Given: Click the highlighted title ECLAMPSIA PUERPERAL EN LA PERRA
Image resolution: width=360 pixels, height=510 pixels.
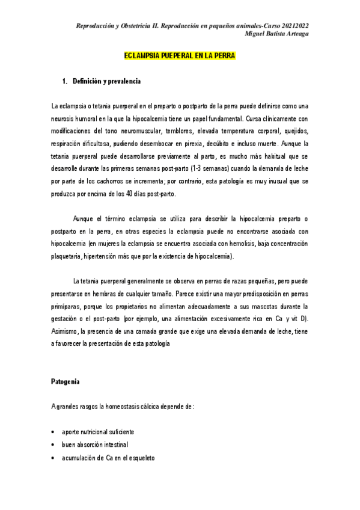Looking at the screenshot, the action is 180,56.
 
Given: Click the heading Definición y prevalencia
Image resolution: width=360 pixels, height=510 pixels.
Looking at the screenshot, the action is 106,81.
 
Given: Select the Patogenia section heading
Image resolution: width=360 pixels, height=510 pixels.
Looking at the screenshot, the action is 65,381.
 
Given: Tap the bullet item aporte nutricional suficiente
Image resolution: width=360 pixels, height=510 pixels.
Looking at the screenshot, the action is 98,432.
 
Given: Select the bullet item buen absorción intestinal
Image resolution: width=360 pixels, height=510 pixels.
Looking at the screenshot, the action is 94,445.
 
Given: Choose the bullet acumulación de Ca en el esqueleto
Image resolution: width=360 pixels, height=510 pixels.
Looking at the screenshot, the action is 108,458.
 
